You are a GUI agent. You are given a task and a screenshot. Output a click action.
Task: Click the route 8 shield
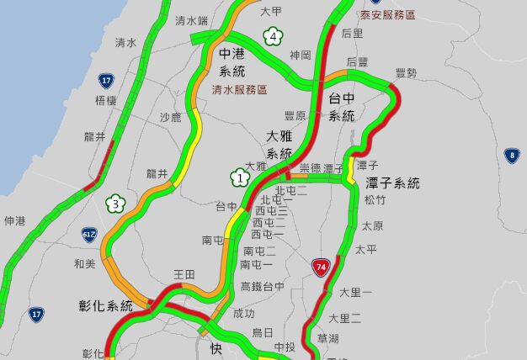512,155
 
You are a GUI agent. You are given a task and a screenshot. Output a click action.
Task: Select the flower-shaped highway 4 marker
271,36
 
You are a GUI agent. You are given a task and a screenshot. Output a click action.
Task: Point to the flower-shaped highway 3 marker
116,204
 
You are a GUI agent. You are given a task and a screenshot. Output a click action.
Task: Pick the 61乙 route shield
90,235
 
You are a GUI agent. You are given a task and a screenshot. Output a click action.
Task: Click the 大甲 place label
271,12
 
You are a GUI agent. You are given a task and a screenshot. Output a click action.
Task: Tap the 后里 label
353,34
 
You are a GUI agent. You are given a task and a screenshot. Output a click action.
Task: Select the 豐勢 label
406,73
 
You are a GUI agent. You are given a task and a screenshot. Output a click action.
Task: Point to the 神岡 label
301,56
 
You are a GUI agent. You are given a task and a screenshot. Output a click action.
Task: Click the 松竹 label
375,200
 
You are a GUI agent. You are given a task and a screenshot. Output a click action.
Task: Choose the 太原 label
372,226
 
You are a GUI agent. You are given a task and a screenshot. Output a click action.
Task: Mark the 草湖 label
328,338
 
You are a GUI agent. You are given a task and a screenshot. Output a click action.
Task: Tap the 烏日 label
263,333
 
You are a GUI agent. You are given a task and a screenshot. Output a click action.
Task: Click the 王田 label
184,275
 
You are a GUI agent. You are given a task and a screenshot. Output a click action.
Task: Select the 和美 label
85,263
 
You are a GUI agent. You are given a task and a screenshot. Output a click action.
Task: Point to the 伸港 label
15,221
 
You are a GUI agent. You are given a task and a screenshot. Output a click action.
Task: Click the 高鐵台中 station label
263,287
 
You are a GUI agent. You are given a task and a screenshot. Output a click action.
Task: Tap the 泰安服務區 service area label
387,15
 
